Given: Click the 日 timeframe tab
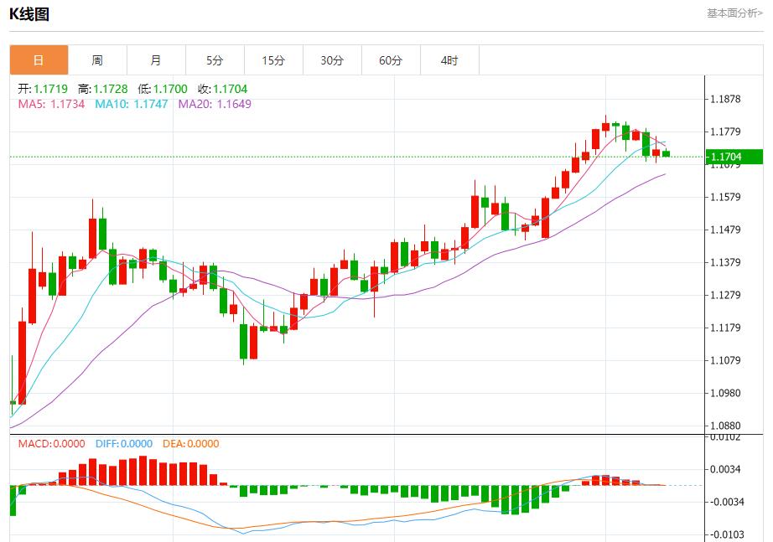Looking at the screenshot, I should [39, 60].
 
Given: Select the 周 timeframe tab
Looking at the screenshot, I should [97, 60].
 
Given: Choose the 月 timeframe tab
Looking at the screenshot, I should [156, 60].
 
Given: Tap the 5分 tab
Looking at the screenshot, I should [215, 60].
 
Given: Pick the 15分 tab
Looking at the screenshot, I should [273, 60].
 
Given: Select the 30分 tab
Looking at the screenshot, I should [332, 60].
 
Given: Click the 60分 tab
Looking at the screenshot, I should [391, 60].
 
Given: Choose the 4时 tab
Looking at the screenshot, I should [449, 60].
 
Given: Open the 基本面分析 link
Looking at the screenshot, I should [734, 13].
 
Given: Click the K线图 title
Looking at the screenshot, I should [29, 14].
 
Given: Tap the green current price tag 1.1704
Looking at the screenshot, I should [733, 157].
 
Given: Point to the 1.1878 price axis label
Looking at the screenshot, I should [725, 99].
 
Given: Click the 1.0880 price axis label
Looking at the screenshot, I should [725, 426].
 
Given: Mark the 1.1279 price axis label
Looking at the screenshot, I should [725, 295].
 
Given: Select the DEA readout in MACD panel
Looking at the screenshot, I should [190, 444].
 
